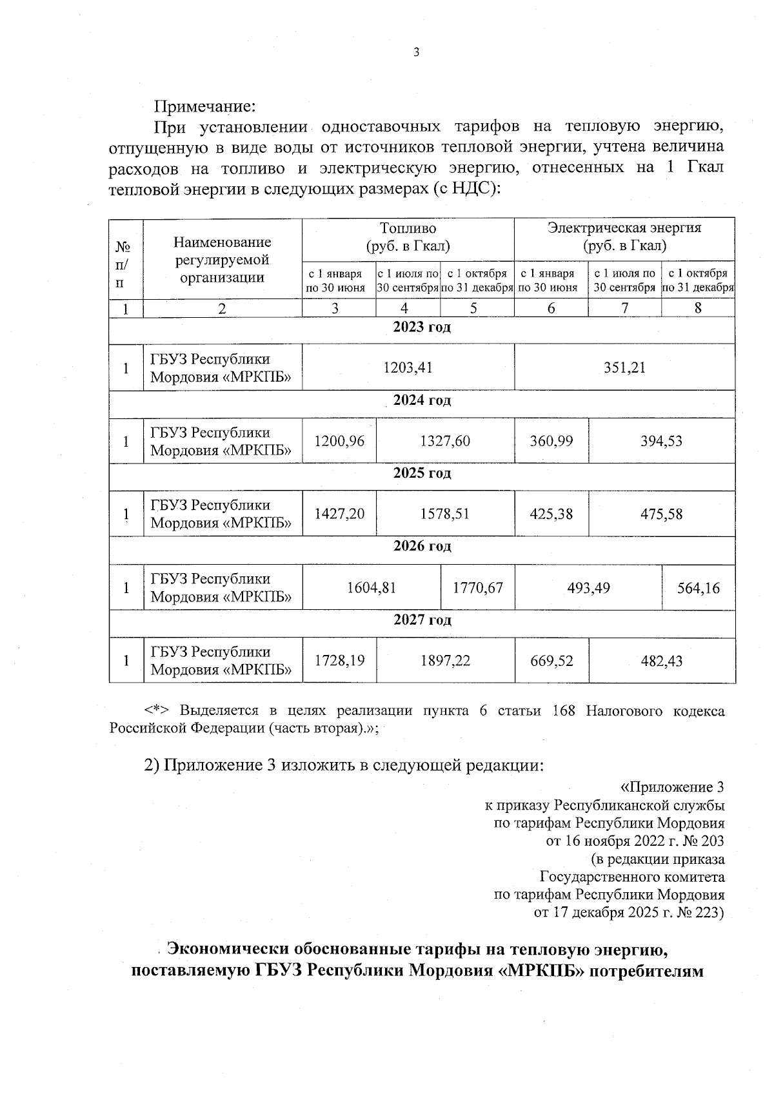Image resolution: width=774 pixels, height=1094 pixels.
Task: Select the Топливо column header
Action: tap(408, 237)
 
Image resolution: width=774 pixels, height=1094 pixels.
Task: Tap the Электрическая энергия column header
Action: tap(624, 237)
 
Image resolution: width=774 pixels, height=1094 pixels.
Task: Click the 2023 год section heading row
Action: tap(422, 327)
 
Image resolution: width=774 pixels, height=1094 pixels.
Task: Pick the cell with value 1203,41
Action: tap(408, 367)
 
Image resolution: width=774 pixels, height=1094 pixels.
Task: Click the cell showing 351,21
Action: tap(624, 367)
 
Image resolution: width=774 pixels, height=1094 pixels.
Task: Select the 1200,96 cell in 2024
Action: tap(339, 441)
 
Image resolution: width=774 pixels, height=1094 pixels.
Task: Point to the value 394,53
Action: tap(661, 441)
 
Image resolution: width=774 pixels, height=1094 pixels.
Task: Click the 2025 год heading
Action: tap(422, 473)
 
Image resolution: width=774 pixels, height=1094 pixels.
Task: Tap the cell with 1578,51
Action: tap(444, 514)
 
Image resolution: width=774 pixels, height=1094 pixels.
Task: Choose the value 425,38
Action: tap(551, 514)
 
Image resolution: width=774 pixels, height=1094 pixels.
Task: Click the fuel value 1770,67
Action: tap(477, 588)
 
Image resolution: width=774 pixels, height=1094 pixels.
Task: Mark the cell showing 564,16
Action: tap(699, 588)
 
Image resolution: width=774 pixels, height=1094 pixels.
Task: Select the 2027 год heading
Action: tap(422, 620)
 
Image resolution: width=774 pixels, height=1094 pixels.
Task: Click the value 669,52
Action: tap(551, 661)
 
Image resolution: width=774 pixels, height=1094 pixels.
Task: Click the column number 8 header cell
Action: tap(698, 308)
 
